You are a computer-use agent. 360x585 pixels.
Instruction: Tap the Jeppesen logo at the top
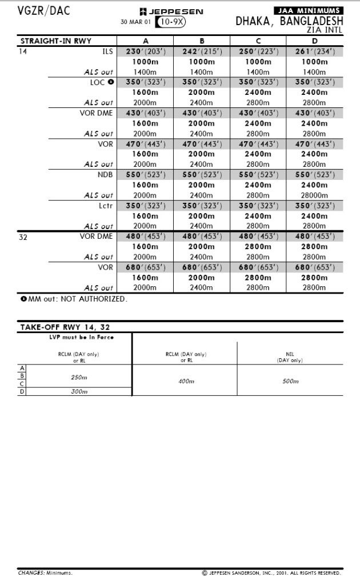click(171, 11)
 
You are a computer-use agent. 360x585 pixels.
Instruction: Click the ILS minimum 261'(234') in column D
click(315, 51)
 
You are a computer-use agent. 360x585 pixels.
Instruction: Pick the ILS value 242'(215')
click(202, 51)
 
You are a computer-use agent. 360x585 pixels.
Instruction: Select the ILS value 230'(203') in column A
click(145, 51)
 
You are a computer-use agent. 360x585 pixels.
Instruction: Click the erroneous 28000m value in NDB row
click(315, 195)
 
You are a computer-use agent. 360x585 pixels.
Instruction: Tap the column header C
click(258, 41)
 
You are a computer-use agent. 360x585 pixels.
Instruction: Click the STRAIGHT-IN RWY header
click(56, 41)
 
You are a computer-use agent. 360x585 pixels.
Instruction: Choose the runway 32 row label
click(23, 237)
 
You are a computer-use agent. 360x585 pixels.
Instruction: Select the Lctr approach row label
click(106, 206)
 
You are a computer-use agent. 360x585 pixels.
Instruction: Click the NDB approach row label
click(105, 175)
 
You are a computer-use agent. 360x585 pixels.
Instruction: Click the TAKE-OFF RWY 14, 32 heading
click(65, 327)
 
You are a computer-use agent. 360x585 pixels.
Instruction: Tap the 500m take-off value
click(290, 381)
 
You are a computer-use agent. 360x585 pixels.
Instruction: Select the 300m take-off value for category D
click(79, 391)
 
